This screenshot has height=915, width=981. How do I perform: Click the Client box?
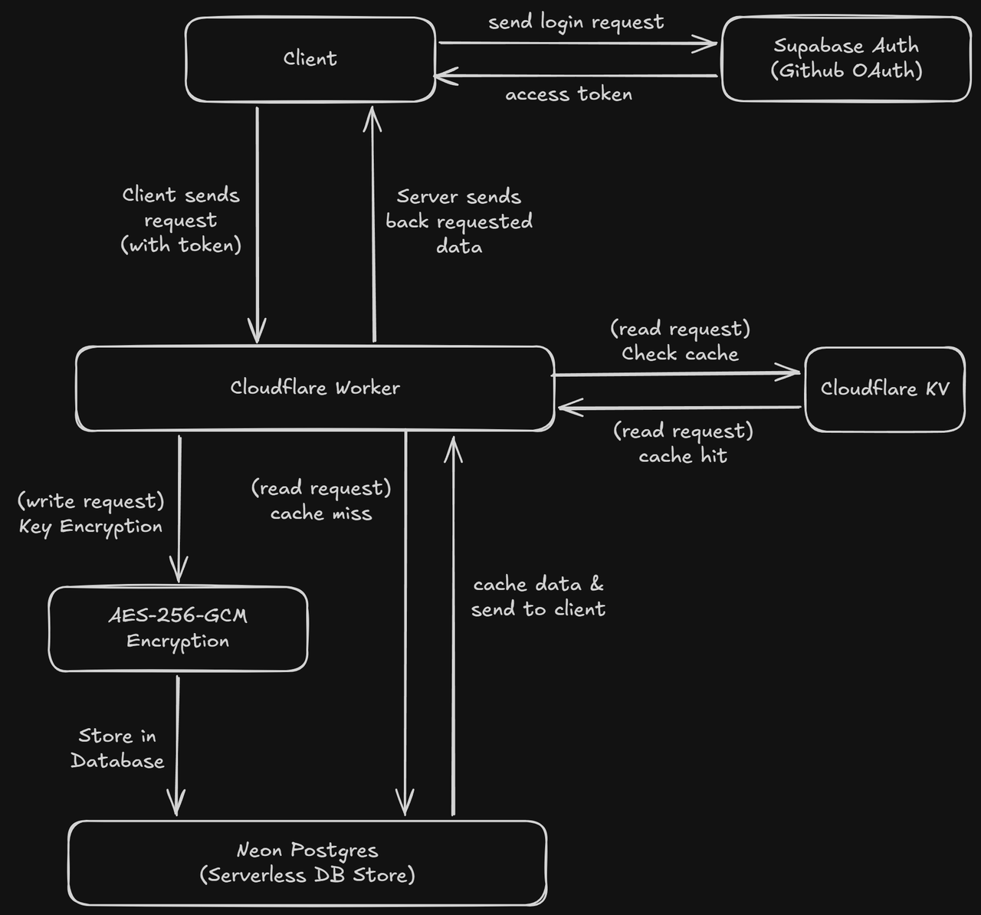pyautogui.click(x=310, y=59)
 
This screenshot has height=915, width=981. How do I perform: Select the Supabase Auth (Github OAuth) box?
pyautogui.click(x=846, y=59)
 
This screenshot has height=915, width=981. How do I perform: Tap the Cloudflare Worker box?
pyautogui.click(x=314, y=388)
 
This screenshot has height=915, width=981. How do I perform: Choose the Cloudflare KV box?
pyautogui.click(x=884, y=389)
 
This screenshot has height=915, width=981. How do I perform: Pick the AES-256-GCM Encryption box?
pyautogui.click(x=178, y=628)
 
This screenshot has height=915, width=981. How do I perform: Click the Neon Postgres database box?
pyautogui.click(x=307, y=863)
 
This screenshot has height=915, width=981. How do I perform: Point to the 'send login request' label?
pyautogui.click(x=576, y=22)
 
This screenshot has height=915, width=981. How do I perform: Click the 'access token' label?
pyautogui.click(x=569, y=94)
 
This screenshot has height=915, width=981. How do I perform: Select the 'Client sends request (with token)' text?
pyautogui.click(x=181, y=220)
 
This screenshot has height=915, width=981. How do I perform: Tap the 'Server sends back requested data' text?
pyautogui.click(x=458, y=221)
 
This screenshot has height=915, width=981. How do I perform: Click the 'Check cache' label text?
pyautogui.click(x=680, y=354)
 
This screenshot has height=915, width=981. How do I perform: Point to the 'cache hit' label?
pyautogui.click(x=683, y=456)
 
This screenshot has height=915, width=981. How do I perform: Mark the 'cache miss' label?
pyautogui.click(x=321, y=513)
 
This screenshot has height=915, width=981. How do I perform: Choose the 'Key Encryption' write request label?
pyautogui.click(x=90, y=526)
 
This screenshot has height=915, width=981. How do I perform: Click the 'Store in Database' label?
pyautogui.click(x=117, y=748)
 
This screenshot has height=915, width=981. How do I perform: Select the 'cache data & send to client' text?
pyautogui.click(x=538, y=597)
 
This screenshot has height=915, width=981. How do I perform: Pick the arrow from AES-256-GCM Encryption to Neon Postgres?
pyautogui.click(x=177, y=743)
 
